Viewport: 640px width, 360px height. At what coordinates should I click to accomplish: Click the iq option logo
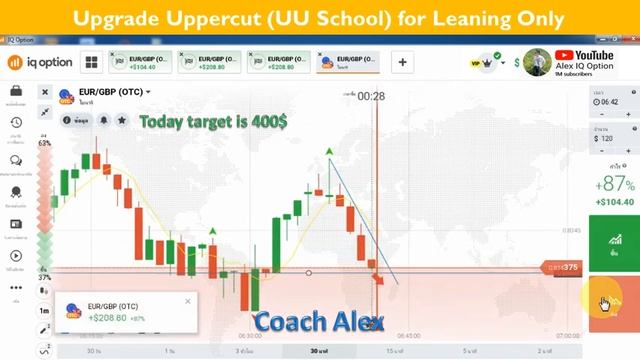[x=38, y=62]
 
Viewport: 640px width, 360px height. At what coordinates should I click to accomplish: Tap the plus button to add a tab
[x=403, y=62]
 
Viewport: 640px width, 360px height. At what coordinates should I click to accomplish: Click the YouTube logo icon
[x=564, y=55]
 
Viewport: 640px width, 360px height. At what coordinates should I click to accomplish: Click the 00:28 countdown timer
[x=371, y=96]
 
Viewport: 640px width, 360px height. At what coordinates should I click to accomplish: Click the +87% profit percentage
[x=614, y=184]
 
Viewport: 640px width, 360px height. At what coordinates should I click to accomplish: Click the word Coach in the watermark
[x=289, y=321]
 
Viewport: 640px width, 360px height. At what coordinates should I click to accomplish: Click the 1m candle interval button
[x=45, y=311]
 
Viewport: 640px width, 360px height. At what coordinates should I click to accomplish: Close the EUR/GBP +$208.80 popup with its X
[x=187, y=300]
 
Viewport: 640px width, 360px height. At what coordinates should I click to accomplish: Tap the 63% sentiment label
[x=45, y=144]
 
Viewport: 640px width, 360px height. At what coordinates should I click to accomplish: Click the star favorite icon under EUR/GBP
[x=122, y=120]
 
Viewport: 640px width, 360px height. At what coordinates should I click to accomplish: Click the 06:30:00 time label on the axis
[x=253, y=336]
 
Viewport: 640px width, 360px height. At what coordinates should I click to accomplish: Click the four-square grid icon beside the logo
[x=91, y=62]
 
